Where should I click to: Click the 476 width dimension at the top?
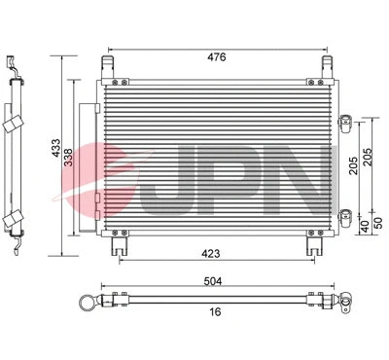[215, 57]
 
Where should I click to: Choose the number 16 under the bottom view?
[215, 313]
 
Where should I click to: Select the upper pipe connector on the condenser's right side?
[343, 121]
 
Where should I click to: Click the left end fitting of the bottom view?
[93, 301]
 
